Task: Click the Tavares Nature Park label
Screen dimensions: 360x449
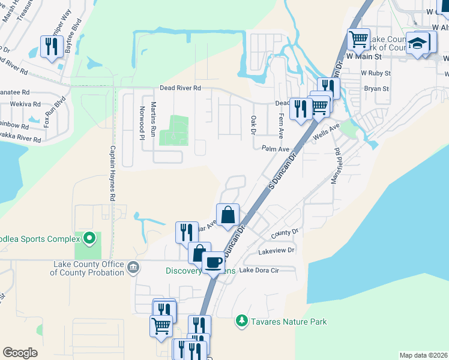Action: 289,322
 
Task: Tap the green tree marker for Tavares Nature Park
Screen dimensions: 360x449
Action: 242,322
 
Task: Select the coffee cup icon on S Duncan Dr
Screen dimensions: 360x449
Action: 212,262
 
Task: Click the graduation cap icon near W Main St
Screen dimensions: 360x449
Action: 417,44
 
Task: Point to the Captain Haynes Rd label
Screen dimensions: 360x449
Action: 112,173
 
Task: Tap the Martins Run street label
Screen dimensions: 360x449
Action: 154,119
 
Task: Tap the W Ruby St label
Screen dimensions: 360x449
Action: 376,73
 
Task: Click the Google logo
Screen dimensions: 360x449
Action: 20,353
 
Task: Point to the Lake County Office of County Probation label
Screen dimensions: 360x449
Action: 88,268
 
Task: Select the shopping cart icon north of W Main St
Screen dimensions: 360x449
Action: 358,39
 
